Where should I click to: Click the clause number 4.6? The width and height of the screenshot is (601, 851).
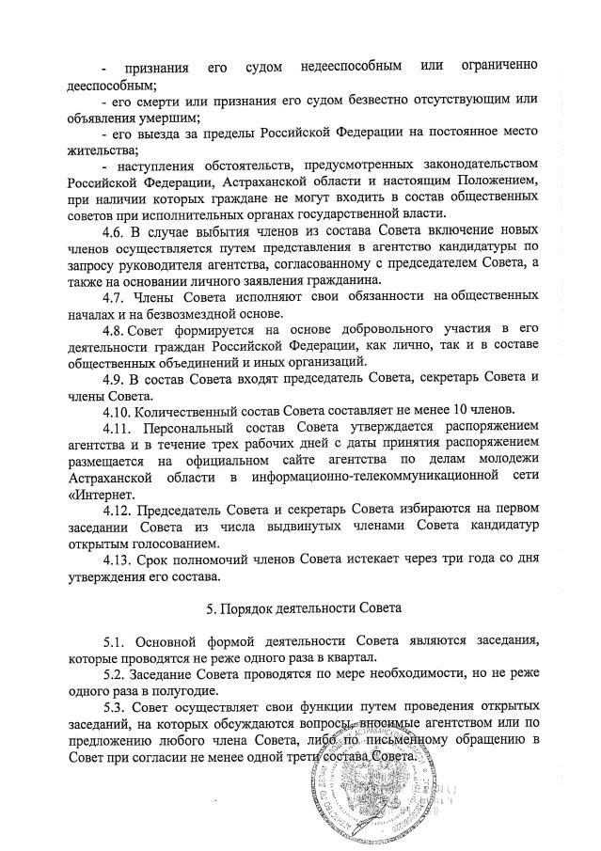pos(115,231)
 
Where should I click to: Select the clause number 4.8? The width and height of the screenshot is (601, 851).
pos(115,327)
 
